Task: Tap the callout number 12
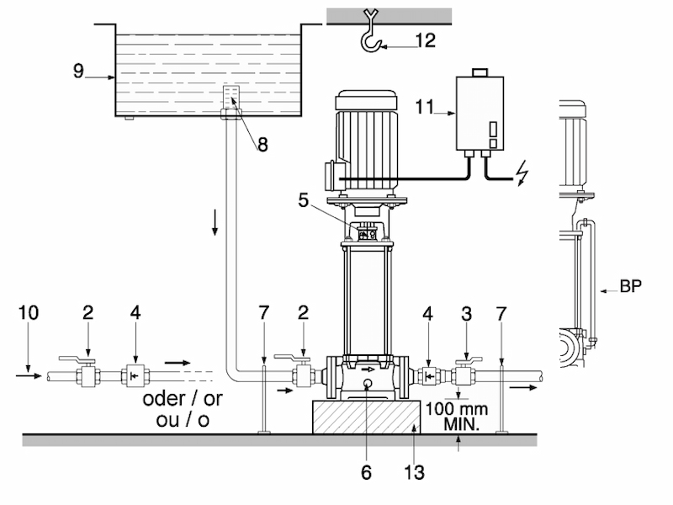point(426,40)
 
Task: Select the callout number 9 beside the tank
point(78,71)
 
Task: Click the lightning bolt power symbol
point(522,173)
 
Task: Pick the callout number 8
point(262,145)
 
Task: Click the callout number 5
point(304,200)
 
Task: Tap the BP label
point(630,286)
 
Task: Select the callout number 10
point(29,312)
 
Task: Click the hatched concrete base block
point(366,417)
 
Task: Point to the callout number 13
point(414,472)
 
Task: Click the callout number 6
point(366,472)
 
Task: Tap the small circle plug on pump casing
point(367,383)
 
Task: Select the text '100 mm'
point(456,409)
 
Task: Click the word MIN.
point(461,425)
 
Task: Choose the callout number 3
point(467,314)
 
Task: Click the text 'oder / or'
point(183,399)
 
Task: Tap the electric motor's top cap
point(366,99)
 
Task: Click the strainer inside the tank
point(231,98)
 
